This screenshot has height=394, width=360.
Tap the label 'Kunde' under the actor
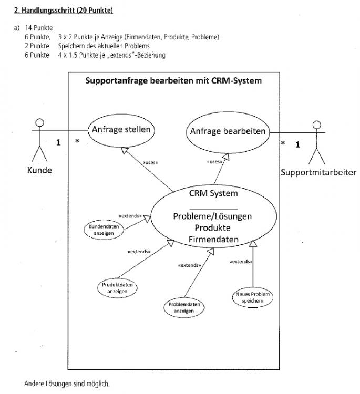(39, 170)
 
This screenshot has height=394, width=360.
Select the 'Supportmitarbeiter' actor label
(318, 172)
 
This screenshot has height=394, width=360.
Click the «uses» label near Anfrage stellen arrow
(150, 162)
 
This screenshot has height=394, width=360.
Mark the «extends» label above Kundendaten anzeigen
(130, 216)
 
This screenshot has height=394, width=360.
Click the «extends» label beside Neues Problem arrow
(241, 262)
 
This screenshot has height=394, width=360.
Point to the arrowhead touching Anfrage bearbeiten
(226, 157)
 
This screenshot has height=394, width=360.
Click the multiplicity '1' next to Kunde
(58, 142)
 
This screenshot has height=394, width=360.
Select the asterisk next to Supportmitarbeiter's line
(283, 143)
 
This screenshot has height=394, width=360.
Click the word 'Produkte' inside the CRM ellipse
(212, 227)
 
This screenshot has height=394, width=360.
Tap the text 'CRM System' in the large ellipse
(213, 193)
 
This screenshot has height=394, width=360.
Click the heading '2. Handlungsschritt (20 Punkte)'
(64, 11)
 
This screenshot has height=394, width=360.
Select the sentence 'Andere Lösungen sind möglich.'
(67, 383)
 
